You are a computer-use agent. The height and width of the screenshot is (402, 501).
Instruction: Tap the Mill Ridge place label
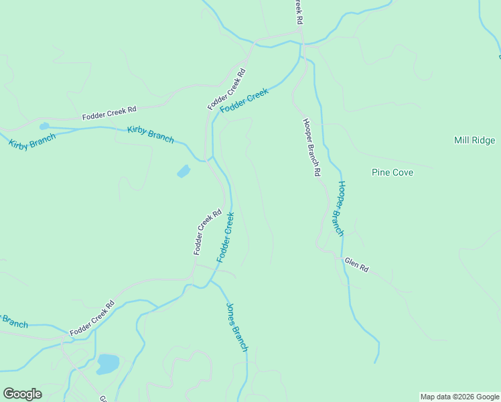click(474, 140)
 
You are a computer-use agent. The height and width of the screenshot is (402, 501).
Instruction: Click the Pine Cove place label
click(392, 172)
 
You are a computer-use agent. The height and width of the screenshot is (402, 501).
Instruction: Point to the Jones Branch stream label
click(237, 328)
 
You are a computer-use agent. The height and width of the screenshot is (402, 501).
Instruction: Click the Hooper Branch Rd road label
click(309, 147)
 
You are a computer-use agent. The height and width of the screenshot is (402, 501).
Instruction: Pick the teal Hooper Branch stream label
click(340, 208)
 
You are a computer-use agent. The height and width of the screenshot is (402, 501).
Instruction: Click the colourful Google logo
click(22, 394)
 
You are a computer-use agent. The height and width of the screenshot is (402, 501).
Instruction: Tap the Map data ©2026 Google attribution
click(460, 397)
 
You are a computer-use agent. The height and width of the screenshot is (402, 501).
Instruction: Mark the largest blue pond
click(108, 364)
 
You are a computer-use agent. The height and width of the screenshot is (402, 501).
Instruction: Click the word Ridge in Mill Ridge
click(483, 140)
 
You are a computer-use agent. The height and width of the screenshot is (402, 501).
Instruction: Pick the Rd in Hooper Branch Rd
click(315, 170)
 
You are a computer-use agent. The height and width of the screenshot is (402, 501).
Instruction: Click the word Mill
click(461, 140)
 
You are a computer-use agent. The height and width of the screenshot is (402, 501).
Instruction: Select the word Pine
click(381, 172)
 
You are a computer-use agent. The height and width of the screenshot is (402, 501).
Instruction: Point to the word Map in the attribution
click(428, 397)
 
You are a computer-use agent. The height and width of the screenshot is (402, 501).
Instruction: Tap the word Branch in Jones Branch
click(240, 336)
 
